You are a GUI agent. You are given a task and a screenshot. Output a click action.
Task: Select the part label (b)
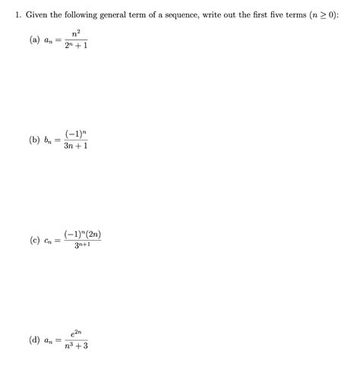tap(35, 140)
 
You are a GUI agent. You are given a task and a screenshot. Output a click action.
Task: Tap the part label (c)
tap(35, 241)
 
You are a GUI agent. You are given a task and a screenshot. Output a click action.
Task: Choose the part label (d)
tap(35, 340)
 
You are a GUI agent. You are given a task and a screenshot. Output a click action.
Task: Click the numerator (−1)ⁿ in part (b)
tap(76, 133)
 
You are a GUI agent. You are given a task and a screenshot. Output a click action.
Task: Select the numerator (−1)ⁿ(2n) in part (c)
tap(82, 234)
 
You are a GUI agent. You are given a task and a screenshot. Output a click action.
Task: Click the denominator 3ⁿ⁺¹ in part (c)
tap(82, 246)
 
